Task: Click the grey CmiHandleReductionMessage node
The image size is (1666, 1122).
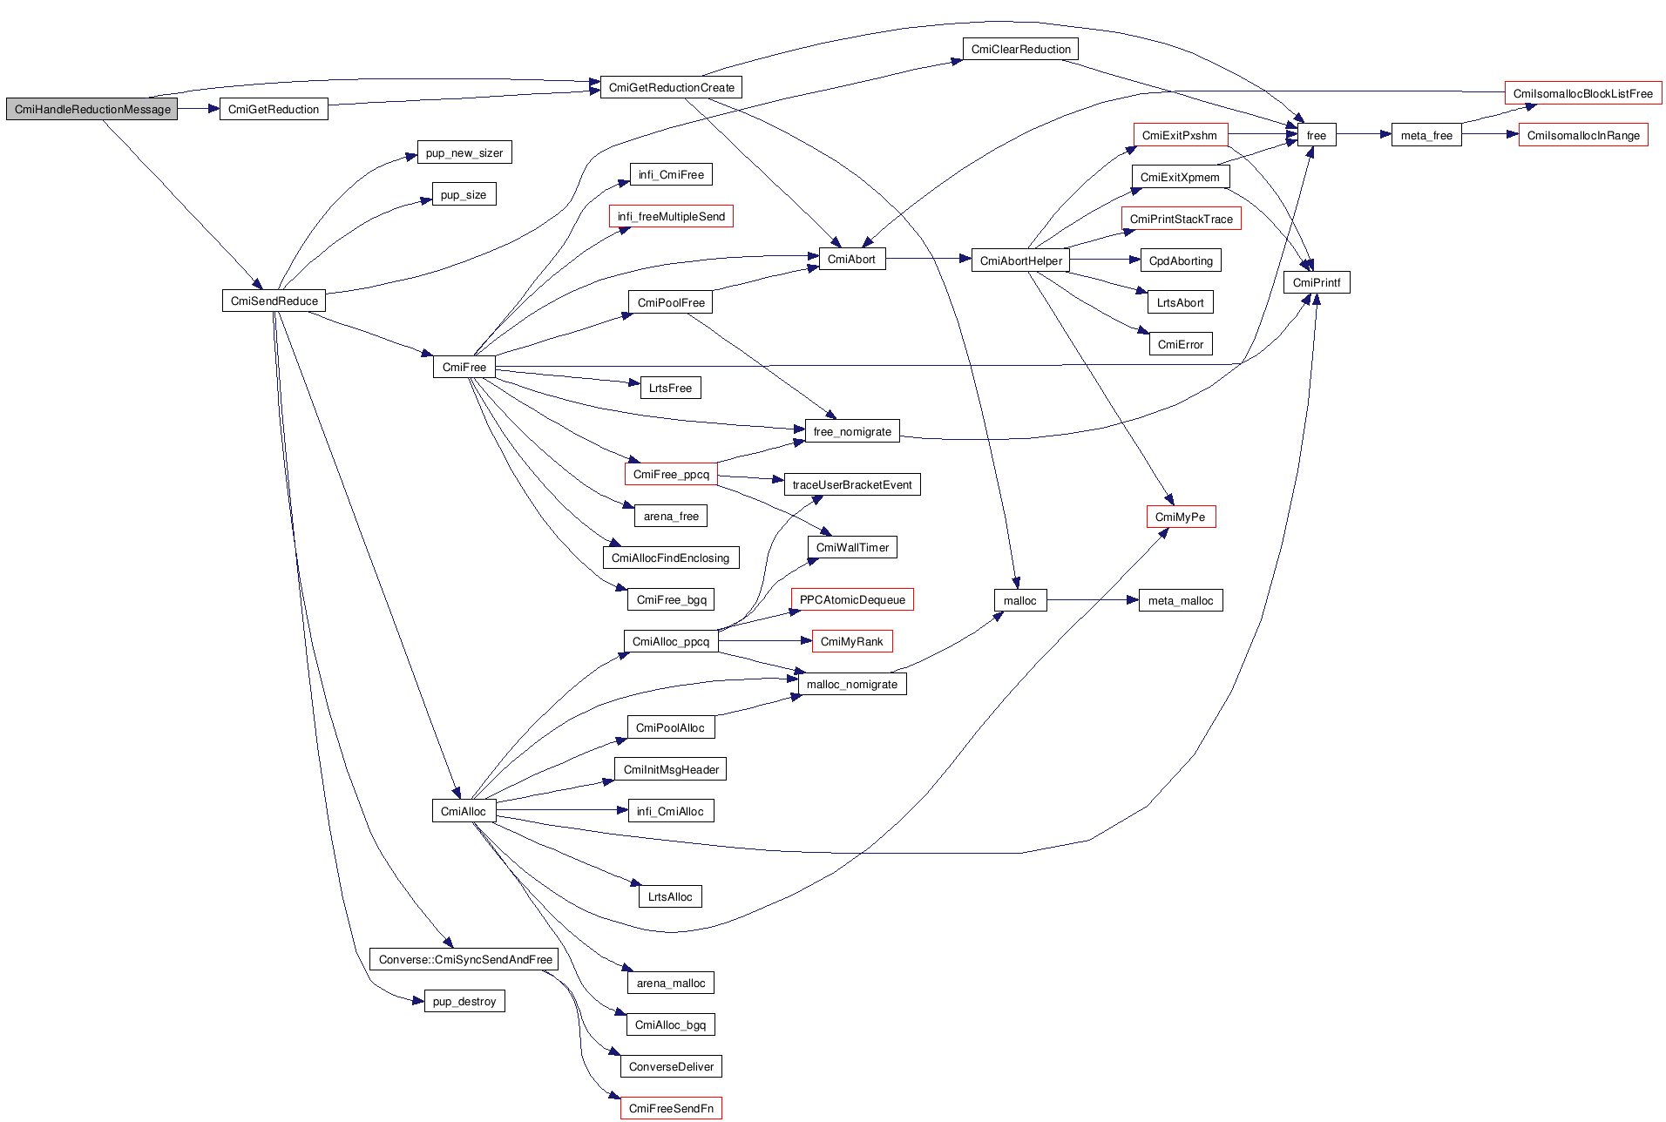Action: (91, 109)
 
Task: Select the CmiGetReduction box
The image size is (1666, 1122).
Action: (274, 109)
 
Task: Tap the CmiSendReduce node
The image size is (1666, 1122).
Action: (274, 301)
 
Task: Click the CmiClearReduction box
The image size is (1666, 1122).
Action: (1020, 49)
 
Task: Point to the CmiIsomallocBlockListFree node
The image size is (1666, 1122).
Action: (1582, 93)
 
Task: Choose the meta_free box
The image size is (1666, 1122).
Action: (1426, 135)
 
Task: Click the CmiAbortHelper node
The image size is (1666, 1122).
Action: (1020, 260)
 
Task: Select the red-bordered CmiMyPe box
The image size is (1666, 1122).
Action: (1180, 517)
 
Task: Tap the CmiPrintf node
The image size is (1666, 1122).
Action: (1316, 282)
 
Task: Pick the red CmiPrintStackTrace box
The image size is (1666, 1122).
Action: (1181, 219)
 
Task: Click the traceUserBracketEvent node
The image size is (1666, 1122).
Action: (851, 484)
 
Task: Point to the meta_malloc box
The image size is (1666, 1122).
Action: (1180, 600)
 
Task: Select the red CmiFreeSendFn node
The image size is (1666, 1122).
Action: (671, 1108)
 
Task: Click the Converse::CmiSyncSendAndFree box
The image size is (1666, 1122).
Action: (464, 959)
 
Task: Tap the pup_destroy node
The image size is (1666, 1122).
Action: (464, 1001)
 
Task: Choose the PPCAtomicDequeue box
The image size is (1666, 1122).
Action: (851, 599)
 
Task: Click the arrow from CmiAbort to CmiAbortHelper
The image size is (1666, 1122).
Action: (928, 258)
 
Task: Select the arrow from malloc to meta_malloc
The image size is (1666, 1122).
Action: (1093, 599)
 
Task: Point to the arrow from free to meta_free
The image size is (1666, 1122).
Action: (1363, 134)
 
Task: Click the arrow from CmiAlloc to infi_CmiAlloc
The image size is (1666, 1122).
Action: (562, 810)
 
